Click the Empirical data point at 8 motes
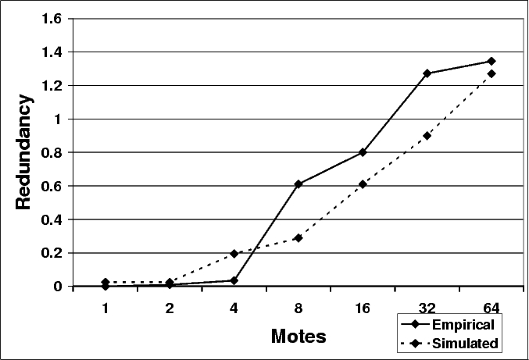click(x=298, y=184)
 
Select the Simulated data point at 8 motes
click(x=298, y=238)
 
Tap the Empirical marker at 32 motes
click(x=427, y=73)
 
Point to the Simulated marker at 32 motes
click(x=427, y=135)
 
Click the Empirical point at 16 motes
click(x=363, y=152)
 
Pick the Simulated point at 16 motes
click(x=363, y=184)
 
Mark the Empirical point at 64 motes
click(x=491, y=61)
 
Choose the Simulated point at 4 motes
click(x=234, y=254)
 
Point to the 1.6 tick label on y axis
click(x=52, y=19)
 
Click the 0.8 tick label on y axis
click(x=52, y=152)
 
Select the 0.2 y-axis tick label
click(x=52, y=253)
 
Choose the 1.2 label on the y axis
click(x=52, y=86)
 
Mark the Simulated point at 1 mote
click(x=105, y=282)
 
